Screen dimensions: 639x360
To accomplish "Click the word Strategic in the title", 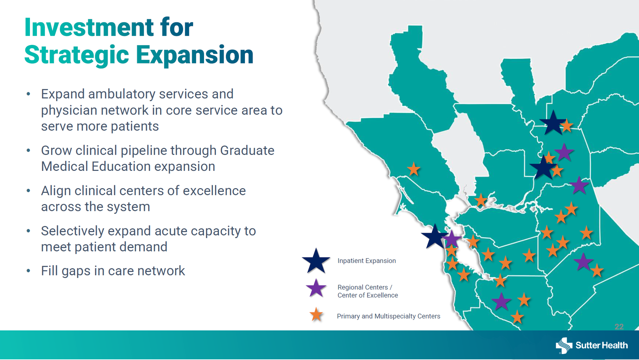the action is [77, 55].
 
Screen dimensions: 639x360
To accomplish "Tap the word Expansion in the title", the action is [195, 55].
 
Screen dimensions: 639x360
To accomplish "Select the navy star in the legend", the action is [316, 261].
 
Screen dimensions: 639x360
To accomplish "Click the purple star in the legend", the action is [316, 288].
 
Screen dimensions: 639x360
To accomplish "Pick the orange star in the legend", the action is [316, 314].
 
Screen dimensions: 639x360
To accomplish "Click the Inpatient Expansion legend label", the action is [366, 261].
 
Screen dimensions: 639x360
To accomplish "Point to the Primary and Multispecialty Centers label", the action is [388, 316].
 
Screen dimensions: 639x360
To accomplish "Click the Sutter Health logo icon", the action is [564, 345].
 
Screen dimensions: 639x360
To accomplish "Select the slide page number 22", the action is [619, 327].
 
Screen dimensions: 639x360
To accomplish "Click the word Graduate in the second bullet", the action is [247, 151].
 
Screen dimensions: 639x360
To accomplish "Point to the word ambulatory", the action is [121, 94].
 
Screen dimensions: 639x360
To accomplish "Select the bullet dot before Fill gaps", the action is [29, 271].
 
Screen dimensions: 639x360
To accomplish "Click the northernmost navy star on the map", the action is [553, 123].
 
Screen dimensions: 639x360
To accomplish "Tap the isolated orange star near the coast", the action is [414, 169].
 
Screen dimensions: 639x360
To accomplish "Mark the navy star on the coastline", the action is [435, 236].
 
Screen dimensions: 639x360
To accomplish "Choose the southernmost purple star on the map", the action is [501, 301].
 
